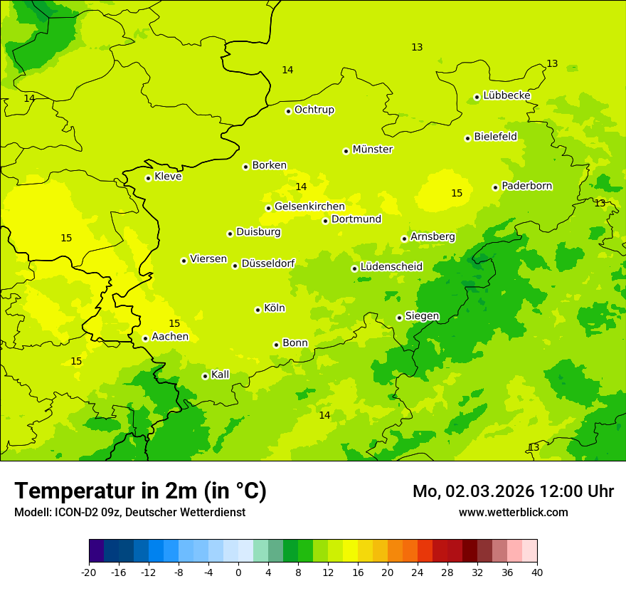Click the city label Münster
point(372,150)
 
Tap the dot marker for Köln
point(258,310)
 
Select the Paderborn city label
point(526,186)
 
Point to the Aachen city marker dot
point(145,338)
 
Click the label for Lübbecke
point(506,95)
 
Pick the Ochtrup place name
point(314,110)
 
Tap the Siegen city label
point(422,316)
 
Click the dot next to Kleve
point(148,178)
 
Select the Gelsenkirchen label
point(309,206)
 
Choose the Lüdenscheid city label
point(391,267)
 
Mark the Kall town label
point(220,375)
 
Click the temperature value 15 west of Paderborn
point(457,193)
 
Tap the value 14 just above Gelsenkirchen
point(301,187)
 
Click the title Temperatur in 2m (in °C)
point(140,491)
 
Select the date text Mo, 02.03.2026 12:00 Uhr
point(513,491)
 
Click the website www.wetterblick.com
point(513,512)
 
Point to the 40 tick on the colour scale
point(536,572)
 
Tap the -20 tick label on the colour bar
point(89,572)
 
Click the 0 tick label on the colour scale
point(238,572)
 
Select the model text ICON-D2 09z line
point(129,512)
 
